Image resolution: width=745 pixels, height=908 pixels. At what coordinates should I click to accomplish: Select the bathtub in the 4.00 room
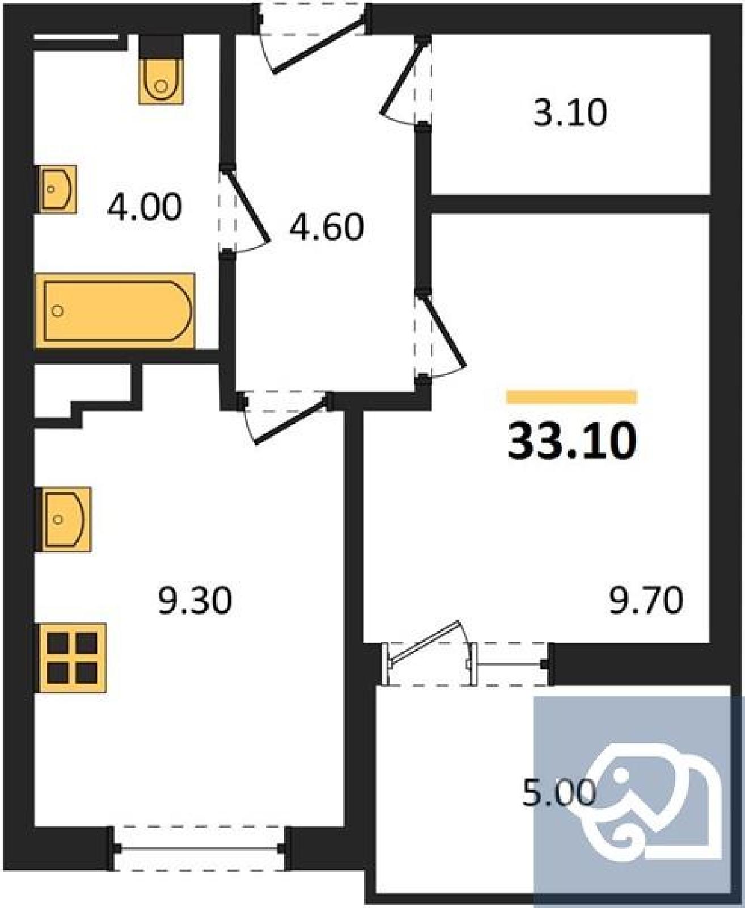(x=115, y=310)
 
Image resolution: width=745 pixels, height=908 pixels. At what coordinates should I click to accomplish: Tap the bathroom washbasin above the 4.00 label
(x=58, y=189)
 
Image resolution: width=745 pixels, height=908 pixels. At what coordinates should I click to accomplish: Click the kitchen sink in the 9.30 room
(x=65, y=519)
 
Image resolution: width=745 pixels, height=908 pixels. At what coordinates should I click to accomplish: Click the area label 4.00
(x=145, y=207)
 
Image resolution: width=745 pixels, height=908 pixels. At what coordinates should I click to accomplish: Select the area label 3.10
(x=570, y=113)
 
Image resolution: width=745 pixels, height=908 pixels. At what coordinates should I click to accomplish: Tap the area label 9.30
(x=195, y=601)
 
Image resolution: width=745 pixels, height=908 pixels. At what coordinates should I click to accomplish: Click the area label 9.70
(x=646, y=601)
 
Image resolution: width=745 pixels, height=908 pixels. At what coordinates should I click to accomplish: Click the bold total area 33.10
(x=572, y=441)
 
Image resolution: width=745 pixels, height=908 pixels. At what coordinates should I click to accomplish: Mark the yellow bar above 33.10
(x=572, y=397)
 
